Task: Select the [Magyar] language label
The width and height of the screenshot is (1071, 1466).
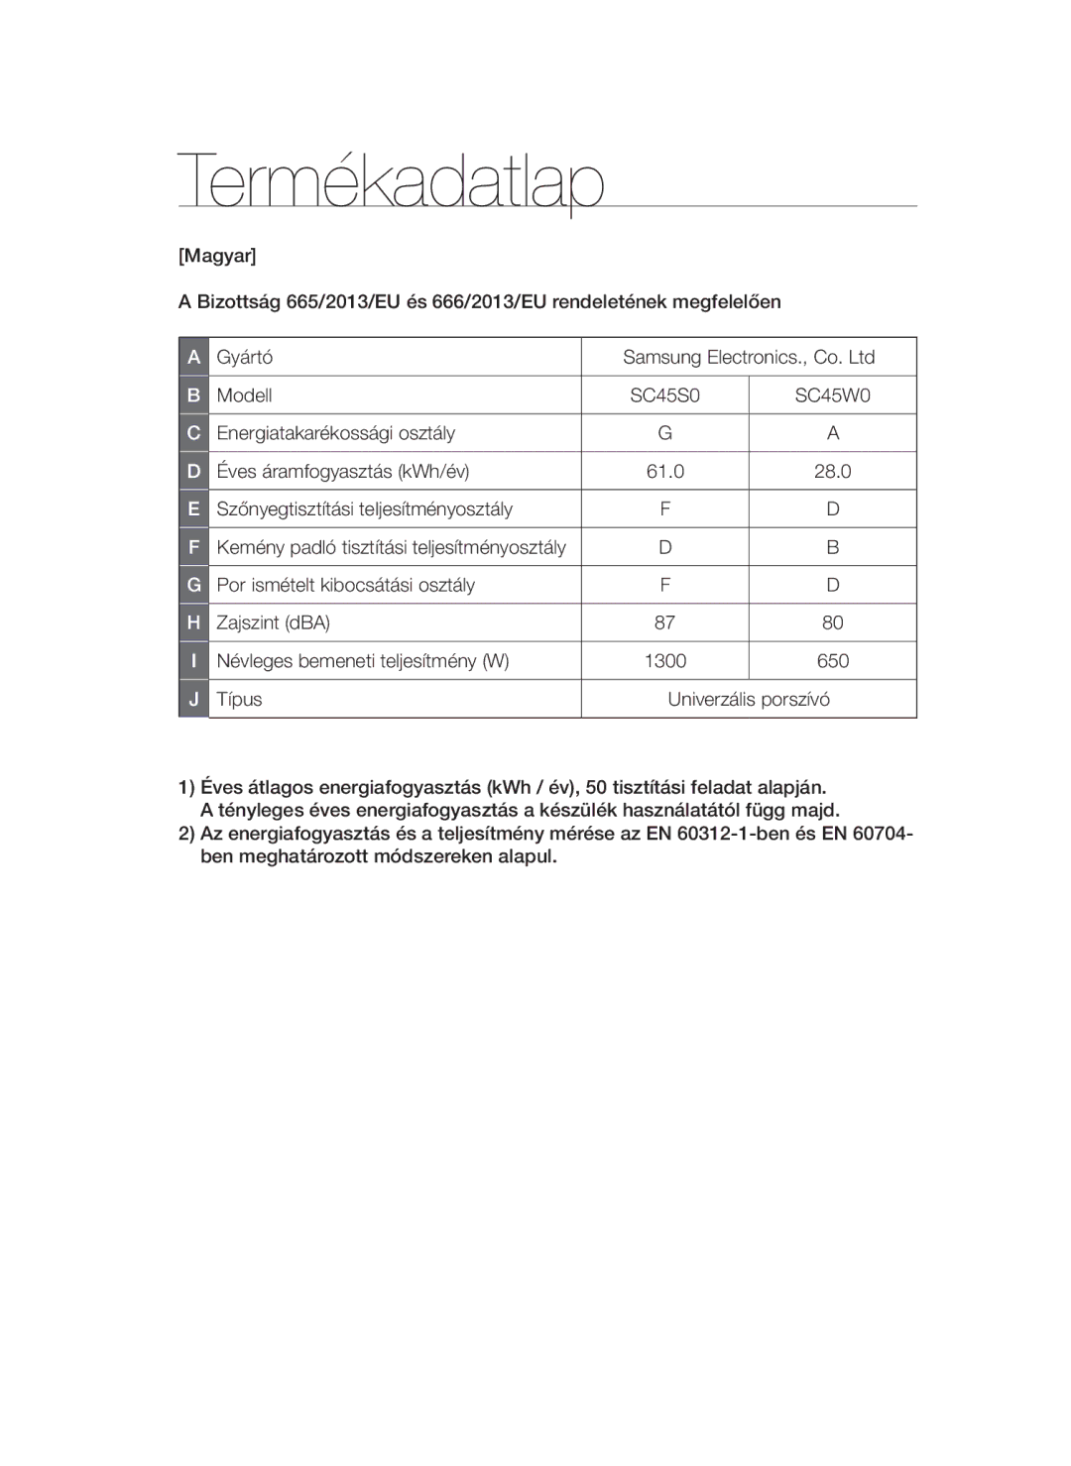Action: (x=217, y=256)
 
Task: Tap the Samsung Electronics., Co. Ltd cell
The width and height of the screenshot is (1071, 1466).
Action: (x=749, y=357)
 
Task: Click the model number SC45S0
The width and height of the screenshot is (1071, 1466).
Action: (x=664, y=395)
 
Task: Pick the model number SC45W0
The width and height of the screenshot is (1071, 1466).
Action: (x=832, y=395)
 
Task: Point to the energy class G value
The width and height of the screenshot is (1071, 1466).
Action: (x=664, y=433)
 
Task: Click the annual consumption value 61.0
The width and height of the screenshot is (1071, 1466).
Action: (x=664, y=472)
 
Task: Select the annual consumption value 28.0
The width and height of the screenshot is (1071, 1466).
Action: (x=832, y=472)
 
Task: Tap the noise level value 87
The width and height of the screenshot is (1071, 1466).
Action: (x=664, y=622)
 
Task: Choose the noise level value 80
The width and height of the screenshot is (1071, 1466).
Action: (x=832, y=622)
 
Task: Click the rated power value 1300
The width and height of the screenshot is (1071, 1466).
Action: (x=664, y=661)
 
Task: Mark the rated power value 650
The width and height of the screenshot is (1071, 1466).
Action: (x=832, y=661)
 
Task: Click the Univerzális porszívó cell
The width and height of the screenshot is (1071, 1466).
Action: (x=749, y=699)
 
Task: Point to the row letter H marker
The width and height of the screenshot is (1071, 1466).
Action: (x=193, y=622)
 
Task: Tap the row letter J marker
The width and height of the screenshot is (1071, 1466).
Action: (x=193, y=699)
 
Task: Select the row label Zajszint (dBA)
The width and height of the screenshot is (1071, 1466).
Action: (x=273, y=622)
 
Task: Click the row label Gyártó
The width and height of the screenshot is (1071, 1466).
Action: (x=245, y=357)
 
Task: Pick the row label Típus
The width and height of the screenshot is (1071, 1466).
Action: (x=239, y=699)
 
